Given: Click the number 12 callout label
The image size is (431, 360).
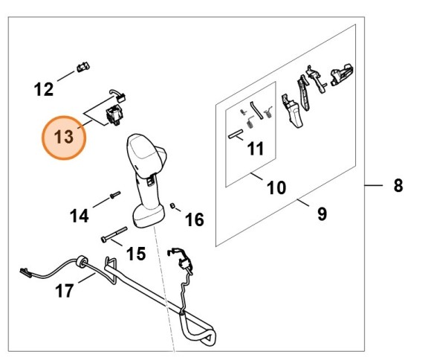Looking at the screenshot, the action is (x=43, y=89).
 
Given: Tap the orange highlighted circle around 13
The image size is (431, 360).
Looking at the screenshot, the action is (x=64, y=138).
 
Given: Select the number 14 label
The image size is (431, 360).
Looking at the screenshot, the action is (x=80, y=216).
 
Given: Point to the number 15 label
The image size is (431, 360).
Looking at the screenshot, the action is (x=136, y=254).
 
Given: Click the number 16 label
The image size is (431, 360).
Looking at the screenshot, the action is (x=195, y=219).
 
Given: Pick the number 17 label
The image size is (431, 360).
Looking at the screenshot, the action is (x=65, y=291).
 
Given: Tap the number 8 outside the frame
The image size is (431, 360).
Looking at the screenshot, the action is (x=398, y=185).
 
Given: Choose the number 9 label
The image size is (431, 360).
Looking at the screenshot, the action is (x=323, y=213).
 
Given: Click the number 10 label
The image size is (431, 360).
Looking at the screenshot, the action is (x=276, y=187).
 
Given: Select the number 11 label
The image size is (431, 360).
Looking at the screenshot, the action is (x=256, y=149).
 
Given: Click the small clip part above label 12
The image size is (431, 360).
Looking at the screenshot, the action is (x=83, y=67).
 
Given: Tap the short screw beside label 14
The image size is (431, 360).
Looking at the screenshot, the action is (x=115, y=195).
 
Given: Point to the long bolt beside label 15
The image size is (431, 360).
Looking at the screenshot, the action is (x=114, y=234).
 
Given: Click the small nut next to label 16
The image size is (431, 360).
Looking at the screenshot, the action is (x=173, y=205).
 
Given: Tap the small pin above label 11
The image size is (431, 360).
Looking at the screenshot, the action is (x=236, y=134).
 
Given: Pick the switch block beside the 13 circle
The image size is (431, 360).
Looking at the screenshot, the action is (x=114, y=116).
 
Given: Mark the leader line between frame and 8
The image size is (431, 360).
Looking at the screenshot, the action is (x=374, y=185).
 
